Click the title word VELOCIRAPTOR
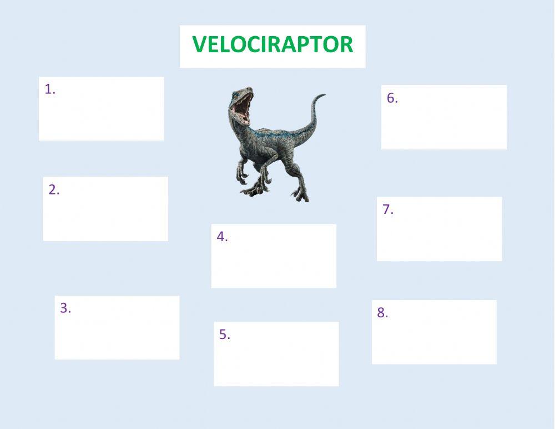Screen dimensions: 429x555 [x=273, y=44]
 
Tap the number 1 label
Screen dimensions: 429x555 [x=50, y=89]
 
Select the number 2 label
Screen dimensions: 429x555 [x=54, y=189]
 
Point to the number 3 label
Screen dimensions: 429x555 [x=65, y=308]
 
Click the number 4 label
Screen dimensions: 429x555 [x=222, y=237]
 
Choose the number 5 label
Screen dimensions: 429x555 [x=224, y=335]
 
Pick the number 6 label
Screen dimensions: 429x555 [x=392, y=98]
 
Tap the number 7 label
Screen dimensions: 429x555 [x=387, y=209]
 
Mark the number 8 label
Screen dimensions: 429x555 [x=382, y=313]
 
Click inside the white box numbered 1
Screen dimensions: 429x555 [x=102, y=114]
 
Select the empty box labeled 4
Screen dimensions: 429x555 [x=274, y=261]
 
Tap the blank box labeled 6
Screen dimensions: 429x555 [x=444, y=122]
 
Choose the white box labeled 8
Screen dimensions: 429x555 [x=434, y=337]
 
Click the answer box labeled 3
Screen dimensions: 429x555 [x=117, y=332]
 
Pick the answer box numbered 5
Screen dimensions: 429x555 [x=276, y=359]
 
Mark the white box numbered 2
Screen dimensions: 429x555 [x=105, y=214]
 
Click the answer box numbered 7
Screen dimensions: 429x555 [x=439, y=233]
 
